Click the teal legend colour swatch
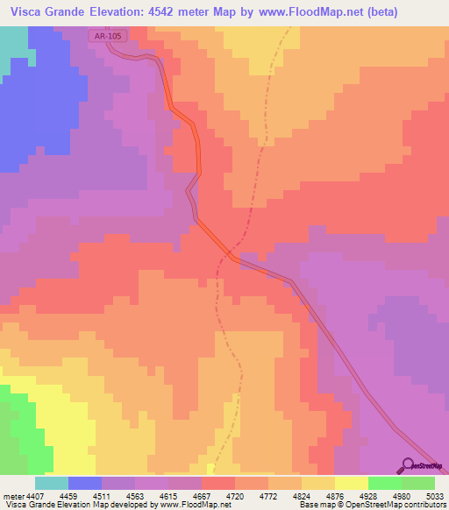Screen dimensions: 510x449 click(x=51, y=483)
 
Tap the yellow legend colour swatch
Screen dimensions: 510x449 click(x=351, y=483)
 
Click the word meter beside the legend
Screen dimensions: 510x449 click(x=11, y=495)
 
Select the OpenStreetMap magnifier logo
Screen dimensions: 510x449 click(x=407, y=465)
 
